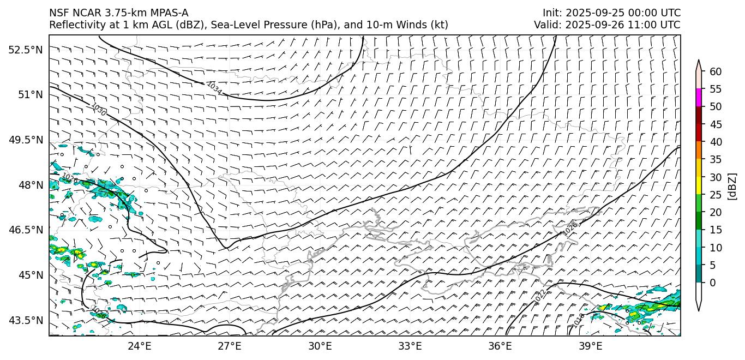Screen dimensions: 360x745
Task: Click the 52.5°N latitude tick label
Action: [x=25, y=50]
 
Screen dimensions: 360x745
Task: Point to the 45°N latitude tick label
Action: [x=30, y=275]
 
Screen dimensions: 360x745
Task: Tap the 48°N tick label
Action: [x=30, y=185]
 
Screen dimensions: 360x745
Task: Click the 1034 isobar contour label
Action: [x=214, y=88]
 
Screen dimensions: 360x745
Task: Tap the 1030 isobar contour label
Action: [x=99, y=109]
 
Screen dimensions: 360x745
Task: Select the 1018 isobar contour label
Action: [x=579, y=320]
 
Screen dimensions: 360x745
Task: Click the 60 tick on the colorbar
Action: [x=716, y=71]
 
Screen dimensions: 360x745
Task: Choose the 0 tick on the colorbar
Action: [x=713, y=283]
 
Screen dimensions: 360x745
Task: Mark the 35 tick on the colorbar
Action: [x=716, y=159]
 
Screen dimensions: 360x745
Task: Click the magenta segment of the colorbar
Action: [x=699, y=98]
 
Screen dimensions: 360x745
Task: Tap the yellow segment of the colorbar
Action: [x=699, y=185]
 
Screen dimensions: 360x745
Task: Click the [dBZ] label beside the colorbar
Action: [x=732, y=186]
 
